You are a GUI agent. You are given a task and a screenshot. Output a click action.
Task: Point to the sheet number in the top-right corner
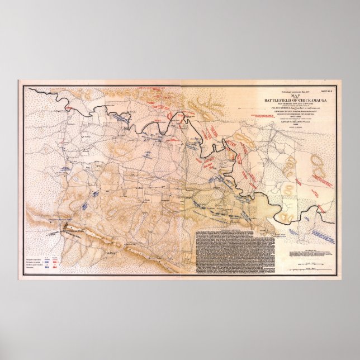(326, 90)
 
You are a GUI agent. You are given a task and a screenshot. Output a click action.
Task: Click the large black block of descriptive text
(234, 252)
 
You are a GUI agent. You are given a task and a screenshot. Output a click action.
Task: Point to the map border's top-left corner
(20, 82)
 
